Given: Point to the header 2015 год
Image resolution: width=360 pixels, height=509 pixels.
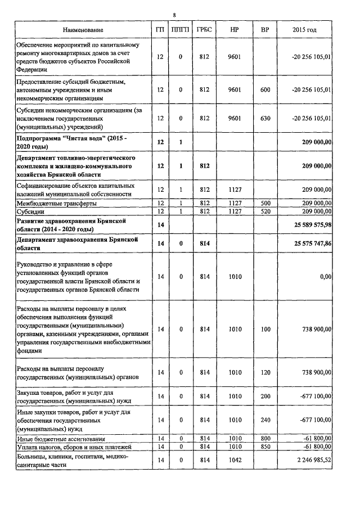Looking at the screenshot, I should click(304, 29).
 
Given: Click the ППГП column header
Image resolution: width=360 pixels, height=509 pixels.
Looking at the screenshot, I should click(181, 29).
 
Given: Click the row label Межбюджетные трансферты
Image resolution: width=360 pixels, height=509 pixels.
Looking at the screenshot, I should click(56, 202).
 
